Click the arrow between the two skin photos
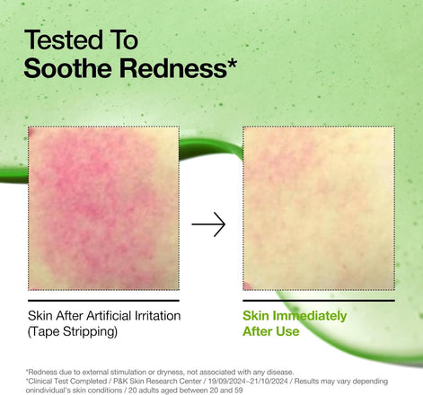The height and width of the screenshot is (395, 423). tap(208, 225)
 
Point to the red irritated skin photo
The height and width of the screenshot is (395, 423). tap(103, 207)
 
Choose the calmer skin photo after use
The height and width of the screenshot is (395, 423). tap(319, 207)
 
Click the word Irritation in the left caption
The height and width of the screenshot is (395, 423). tap(156, 316)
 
